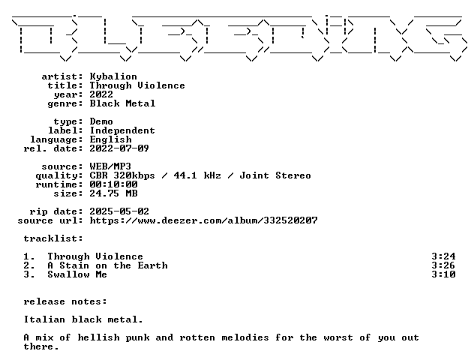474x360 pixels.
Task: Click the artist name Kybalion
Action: coord(113,76)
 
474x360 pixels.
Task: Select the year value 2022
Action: coord(101,94)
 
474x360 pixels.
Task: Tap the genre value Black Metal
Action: coord(122,103)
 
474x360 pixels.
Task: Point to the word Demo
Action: coord(101,121)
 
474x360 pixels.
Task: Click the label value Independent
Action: coord(122,130)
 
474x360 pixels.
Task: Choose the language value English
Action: coord(111,139)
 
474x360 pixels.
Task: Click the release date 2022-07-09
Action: coord(119,148)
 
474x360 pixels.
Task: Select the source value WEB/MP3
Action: coord(110,166)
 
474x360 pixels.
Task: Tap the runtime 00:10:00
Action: coord(114,184)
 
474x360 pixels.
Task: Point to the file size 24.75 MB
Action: coord(114,193)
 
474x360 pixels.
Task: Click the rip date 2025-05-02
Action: coord(119,211)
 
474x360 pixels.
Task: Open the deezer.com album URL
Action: coord(204,220)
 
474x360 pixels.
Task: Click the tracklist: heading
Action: coord(53,238)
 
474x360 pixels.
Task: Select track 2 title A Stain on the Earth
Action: coord(107,265)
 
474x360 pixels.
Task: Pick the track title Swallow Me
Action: coord(77,274)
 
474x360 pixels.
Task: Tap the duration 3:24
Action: coord(443,256)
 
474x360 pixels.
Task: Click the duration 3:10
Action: coord(443,274)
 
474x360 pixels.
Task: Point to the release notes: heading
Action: coord(65,301)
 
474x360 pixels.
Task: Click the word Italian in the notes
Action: coord(44,319)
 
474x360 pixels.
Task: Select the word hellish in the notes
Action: coord(98,337)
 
